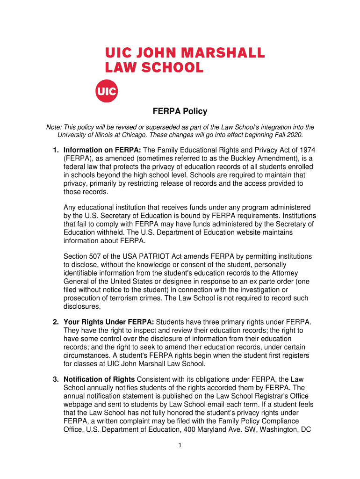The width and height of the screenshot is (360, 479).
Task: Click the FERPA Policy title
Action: pos(180,112)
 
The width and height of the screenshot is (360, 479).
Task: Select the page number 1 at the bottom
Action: pos(180,445)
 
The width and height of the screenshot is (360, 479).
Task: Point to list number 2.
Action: pos(55,322)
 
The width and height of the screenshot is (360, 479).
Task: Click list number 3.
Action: pos(55,379)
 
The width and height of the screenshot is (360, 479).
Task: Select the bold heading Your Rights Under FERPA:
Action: pos(108,322)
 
